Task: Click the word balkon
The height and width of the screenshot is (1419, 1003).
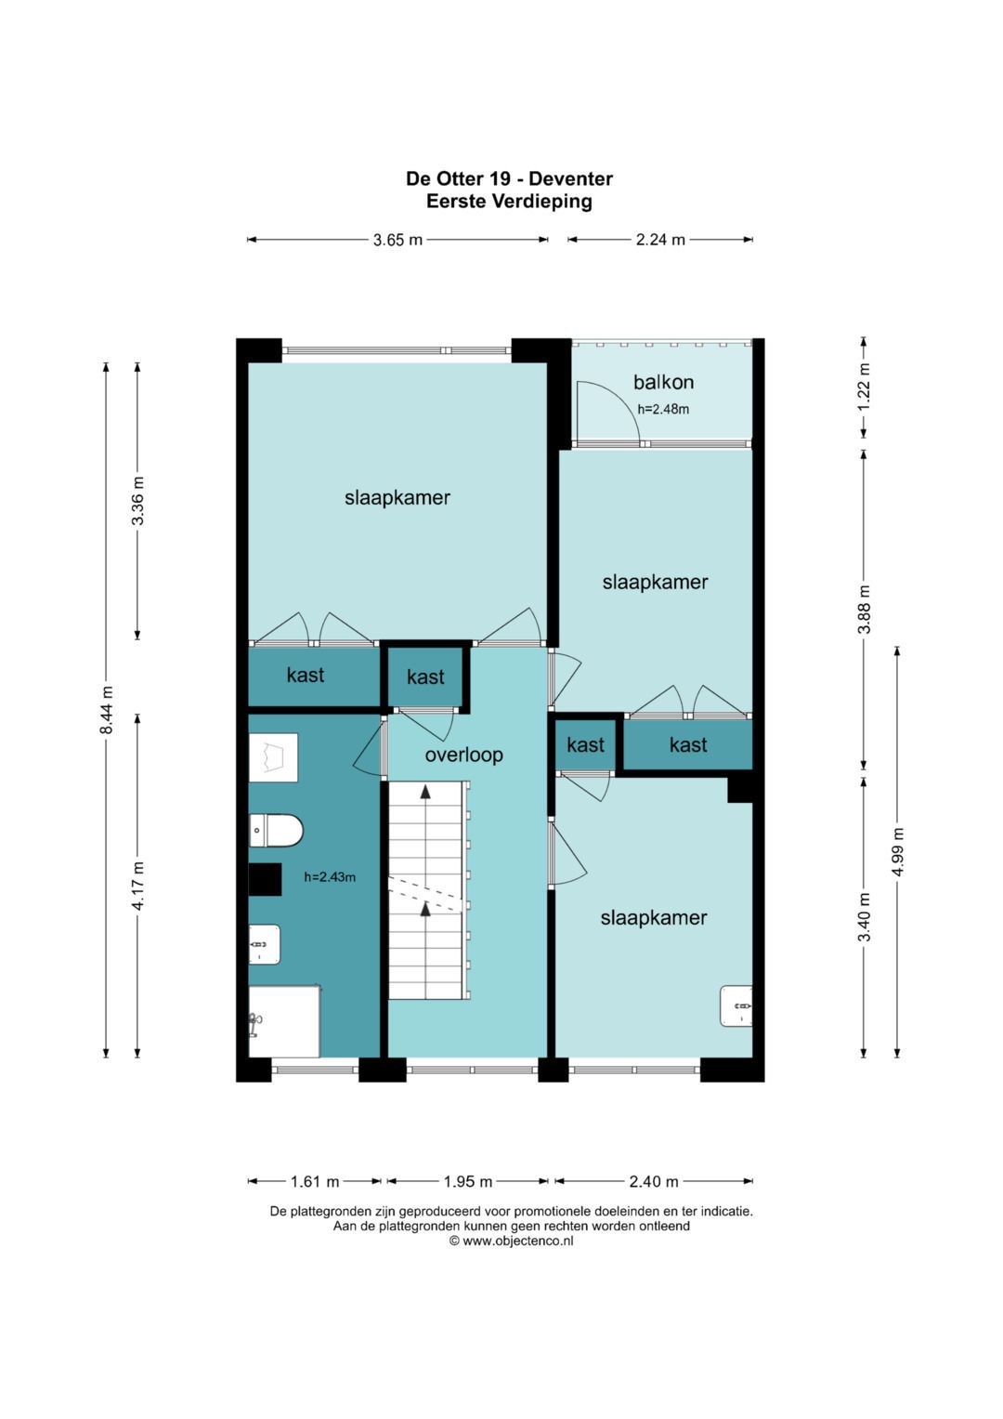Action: tap(663, 382)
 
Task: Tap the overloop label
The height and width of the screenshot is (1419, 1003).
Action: tap(463, 755)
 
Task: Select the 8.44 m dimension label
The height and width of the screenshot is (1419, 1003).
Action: tap(107, 710)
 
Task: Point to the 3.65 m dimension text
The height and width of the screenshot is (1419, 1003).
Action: tap(397, 240)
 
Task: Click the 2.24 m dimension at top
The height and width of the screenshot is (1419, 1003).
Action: tap(660, 240)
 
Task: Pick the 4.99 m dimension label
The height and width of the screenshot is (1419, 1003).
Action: tap(897, 852)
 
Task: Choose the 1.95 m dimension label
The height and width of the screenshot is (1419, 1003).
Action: tap(468, 1181)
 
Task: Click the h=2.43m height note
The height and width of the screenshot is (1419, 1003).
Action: tap(330, 877)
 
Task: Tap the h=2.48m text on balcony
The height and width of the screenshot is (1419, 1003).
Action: tap(663, 409)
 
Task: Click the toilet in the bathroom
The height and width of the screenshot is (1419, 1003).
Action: tap(276, 831)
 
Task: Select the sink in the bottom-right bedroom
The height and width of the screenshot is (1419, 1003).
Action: tap(736, 1005)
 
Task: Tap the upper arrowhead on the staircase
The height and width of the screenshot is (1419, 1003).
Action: tap(426, 791)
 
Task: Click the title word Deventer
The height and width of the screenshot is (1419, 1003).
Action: tap(570, 178)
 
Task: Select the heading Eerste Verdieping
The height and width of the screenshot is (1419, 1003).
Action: tap(509, 202)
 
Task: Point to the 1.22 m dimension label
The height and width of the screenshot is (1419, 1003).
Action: tap(865, 388)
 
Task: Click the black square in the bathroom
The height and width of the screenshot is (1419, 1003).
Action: tap(265, 879)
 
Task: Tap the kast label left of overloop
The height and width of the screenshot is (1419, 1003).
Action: tap(306, 676)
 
